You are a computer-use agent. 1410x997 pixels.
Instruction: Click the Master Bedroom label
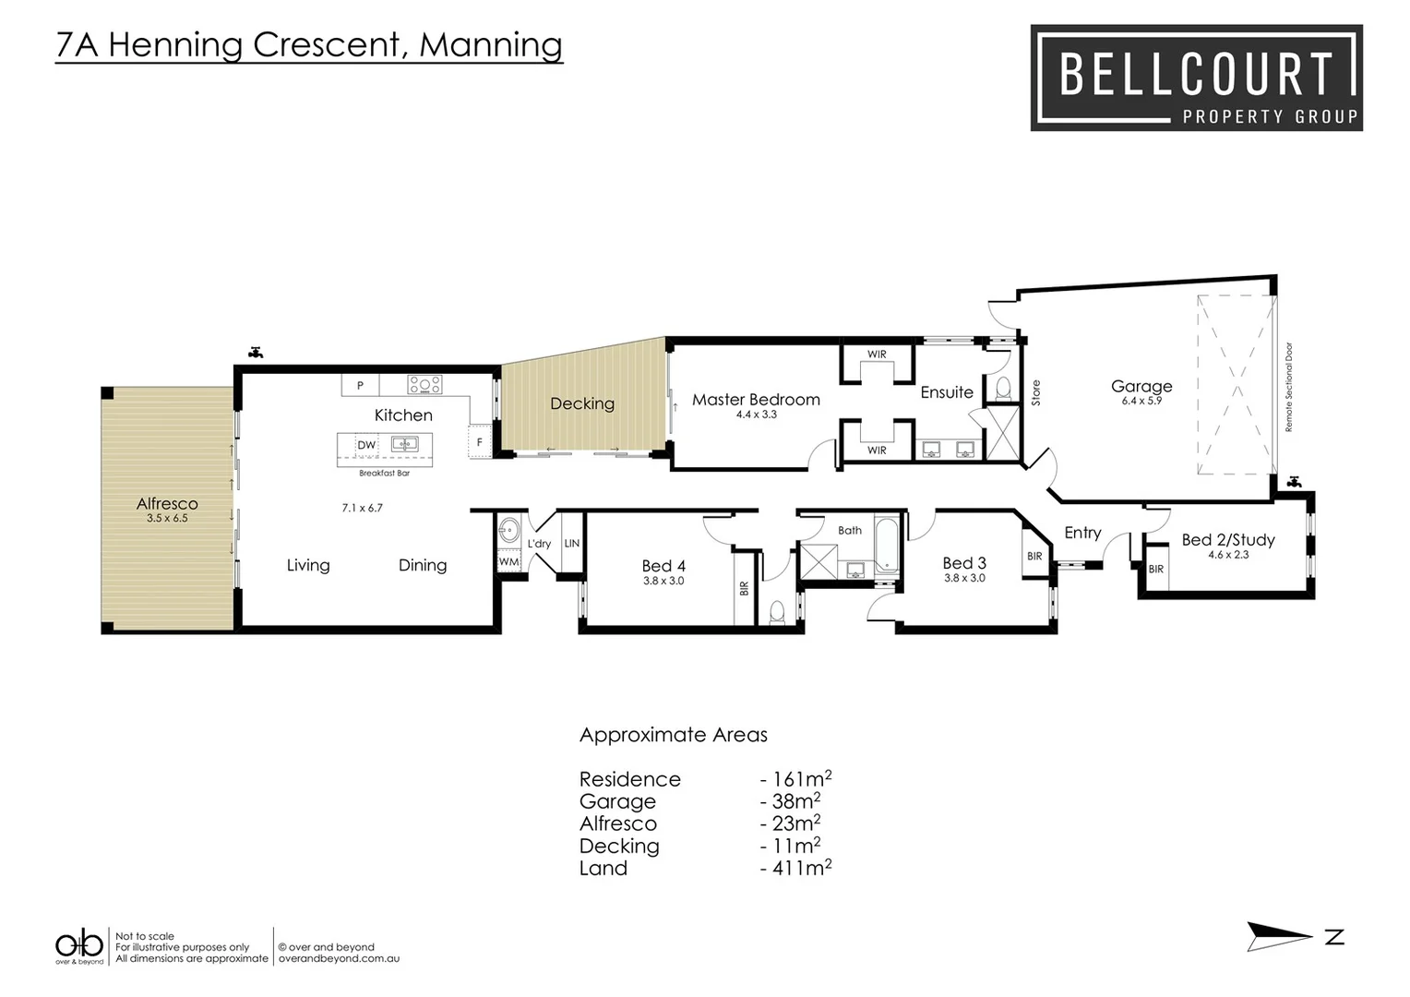[x=756, y=400]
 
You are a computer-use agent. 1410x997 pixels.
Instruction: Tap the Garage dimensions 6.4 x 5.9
[x=1141, y=402]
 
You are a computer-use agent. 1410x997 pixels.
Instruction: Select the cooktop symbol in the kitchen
[x=424, y=384]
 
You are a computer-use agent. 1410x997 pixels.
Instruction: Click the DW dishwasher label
[x=366, y=445]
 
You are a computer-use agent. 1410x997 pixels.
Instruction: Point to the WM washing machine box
[x=508, y=561]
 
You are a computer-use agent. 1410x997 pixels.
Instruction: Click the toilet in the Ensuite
[x=1003, y=388]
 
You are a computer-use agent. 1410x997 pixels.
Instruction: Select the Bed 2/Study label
[x=1227, y=540]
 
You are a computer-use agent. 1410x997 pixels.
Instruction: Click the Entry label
[x=1082, y=533]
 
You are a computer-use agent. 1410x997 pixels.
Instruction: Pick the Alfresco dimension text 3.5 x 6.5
[x=167, y=519]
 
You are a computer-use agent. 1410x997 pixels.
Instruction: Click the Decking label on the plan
[x=581, y=403]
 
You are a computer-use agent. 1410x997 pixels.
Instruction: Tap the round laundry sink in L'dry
[x=508, y=531]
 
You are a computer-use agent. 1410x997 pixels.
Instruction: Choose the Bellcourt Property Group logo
[x=1196, y=78]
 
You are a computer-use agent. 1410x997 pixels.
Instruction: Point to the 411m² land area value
[x=796, y=868]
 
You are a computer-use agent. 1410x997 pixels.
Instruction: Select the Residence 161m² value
[x=796, y=779]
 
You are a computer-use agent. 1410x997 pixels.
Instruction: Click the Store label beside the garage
[x=1035, y=392]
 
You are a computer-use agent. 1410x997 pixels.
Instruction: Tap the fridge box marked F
[x=479, y=442]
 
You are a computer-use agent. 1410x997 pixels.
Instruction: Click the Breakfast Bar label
[x=384, y=473]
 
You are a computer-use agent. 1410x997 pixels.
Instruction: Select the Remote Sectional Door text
[x=1289, y=387]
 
